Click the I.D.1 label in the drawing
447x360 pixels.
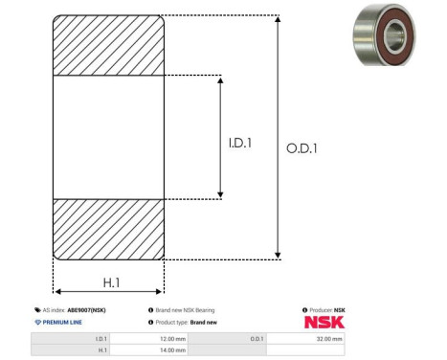(240, 143)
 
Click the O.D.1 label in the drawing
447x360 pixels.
(302, 148)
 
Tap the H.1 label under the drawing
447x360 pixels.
(111, 282)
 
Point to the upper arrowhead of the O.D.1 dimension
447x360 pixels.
(278, 19)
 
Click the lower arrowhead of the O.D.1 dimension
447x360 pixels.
(278, 256)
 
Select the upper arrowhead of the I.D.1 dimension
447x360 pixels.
(220, 79)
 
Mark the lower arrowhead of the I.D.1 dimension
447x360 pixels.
(220, 194)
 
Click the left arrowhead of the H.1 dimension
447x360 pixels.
(58, 291)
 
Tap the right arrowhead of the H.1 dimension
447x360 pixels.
(158, 291)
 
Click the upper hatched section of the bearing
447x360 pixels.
(108, 45)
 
